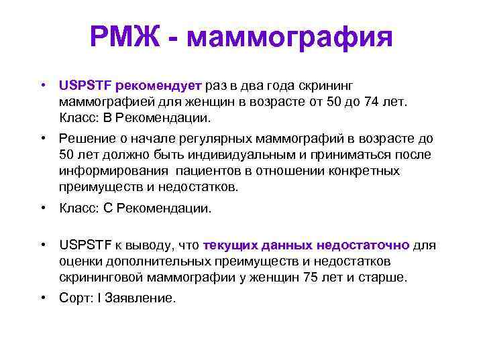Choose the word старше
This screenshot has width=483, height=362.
coord(384,276)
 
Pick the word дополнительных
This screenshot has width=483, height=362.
coord(147,261)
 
